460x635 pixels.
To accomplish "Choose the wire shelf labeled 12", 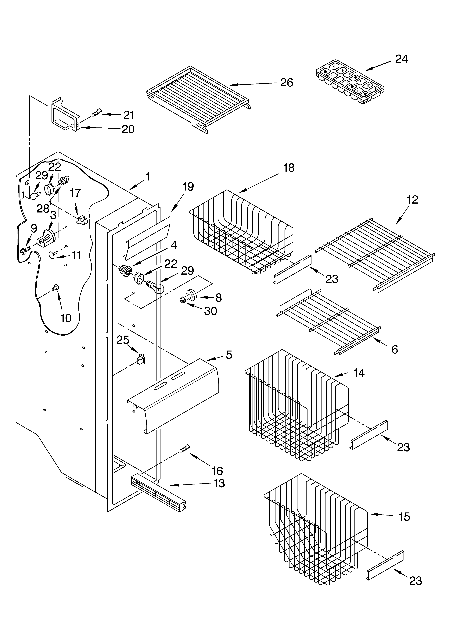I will pyautogui.click(x=375, y=255).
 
